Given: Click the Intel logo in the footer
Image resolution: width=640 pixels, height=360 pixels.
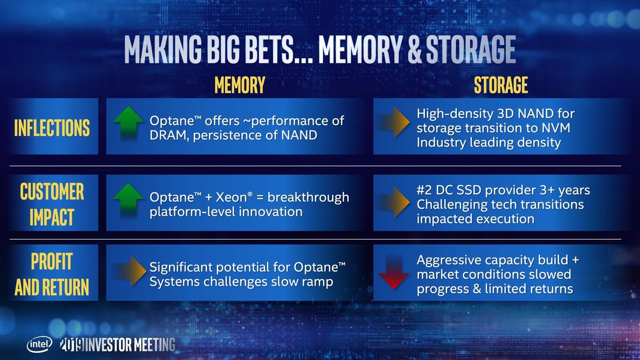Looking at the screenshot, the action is click(x=40, y=344).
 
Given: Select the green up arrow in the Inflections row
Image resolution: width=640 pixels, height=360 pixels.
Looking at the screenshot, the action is click(x=128, y=123).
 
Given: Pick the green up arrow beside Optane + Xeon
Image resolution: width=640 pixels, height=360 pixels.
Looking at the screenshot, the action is click(x=128, y=200).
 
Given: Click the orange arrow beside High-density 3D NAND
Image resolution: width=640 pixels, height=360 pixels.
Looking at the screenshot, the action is click(x=394, y=122).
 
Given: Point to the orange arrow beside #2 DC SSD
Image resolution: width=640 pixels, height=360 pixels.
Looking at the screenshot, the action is click(x=394, y=202).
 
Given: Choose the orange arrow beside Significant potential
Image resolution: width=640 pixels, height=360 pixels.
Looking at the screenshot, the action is click(x=131, y=271).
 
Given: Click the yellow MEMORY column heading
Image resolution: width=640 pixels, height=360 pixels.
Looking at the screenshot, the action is click(x=240, y=85).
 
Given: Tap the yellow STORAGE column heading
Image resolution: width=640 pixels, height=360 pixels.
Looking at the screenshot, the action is click(x=501, y=85).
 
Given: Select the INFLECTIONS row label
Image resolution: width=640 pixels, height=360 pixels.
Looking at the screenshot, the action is click(x=52, y=128).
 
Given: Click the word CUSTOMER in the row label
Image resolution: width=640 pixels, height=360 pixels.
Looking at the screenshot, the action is click(x=52, y=192).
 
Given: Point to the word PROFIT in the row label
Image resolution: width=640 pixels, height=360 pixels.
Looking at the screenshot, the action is click(x=52, y=262).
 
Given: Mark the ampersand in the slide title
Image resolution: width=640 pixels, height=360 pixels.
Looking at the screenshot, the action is click(x=415, y=49).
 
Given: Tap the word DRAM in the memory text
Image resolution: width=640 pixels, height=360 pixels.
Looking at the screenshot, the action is click(x=168, y=135).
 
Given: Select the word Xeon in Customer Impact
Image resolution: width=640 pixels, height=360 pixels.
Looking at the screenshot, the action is click(x=231, y=197).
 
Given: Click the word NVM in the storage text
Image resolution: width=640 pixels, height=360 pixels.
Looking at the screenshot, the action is click(x=556, y=128).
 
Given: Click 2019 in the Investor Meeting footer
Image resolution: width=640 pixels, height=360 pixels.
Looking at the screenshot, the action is click(x=72, y=344).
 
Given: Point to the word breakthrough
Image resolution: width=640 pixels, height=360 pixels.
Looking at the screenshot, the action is click(x=308, y=198).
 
